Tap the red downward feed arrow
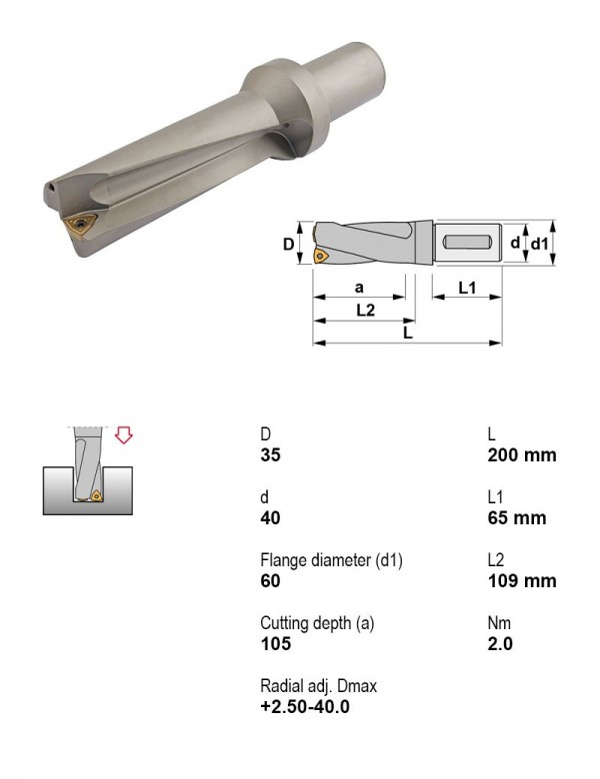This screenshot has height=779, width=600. coord(123,434)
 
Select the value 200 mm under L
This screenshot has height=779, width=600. coord(522,455)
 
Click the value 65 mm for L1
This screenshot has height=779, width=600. coord(516,518)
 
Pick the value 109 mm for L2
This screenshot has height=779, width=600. coord(522,581)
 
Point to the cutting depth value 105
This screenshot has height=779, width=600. coord(276,644)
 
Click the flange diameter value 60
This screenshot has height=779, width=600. coord(271,581)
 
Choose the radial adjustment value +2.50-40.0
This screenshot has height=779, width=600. coord(305,706)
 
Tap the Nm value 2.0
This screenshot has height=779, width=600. coord(500,644)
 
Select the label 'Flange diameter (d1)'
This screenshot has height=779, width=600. coord(331,560)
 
